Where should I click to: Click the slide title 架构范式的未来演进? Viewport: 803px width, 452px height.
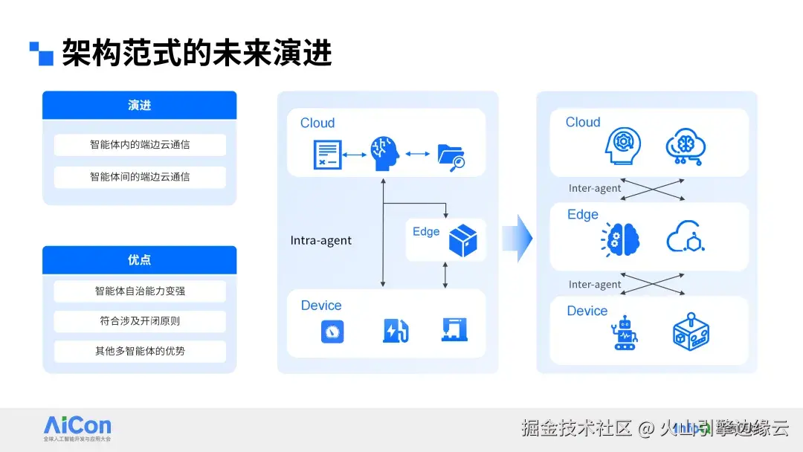point(196,54)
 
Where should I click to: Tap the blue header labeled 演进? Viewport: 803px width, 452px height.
point(139,106)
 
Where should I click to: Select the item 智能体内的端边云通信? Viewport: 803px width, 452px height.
point(140,144)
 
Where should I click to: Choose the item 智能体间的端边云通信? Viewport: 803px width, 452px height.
point(140,177)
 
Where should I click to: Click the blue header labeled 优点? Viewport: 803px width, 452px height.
point(139,259)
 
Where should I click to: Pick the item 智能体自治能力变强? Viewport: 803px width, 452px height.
point(140,291)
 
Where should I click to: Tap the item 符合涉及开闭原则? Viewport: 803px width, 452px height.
point(140,321)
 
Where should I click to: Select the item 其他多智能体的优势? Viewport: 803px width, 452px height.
point(140,351)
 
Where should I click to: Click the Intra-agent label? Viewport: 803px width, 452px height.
point(320,241)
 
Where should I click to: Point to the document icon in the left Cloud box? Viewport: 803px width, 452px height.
point(326,154)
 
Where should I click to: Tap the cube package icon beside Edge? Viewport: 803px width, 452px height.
point(463,240)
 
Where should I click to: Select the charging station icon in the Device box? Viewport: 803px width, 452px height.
point(394,330)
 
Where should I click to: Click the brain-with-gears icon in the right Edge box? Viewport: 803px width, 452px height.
point(622,239)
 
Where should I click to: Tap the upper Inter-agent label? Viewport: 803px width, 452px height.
point(595,188)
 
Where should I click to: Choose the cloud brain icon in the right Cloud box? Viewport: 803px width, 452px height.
point(686,146)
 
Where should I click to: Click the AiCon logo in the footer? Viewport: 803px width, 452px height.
point(77,427)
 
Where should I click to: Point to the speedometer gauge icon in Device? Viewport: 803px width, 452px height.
point(332,331)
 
